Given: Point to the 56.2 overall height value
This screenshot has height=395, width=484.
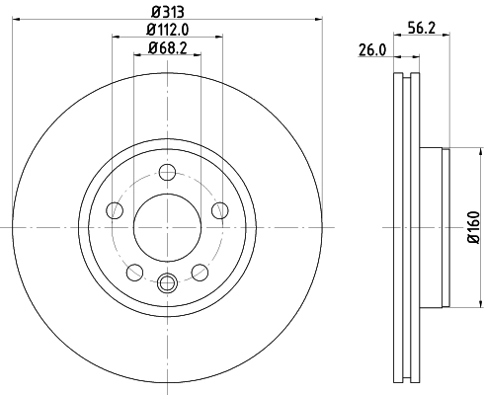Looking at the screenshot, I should click(422, 29).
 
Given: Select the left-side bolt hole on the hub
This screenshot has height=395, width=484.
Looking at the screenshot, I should click(114, 209).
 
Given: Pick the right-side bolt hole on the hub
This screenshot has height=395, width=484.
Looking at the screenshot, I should click(218, 209).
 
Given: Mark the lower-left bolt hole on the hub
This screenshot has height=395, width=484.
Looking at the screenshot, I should click(133, 272).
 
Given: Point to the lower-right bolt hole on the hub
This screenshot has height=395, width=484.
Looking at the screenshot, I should click(199, 272).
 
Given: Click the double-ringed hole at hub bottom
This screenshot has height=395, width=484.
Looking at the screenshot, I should click(166, 283).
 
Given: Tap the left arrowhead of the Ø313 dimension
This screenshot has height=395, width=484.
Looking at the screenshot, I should click(16, 18).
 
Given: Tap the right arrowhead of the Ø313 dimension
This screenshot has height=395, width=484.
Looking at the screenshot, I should click(317, 18).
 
